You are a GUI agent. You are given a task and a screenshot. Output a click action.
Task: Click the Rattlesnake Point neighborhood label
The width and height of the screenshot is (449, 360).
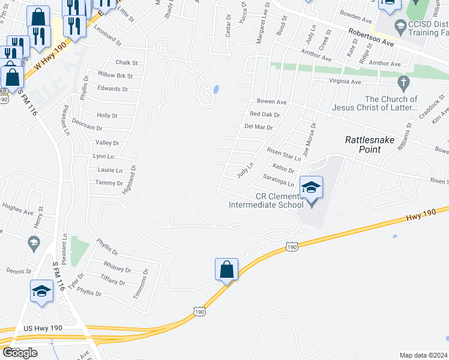[363, 144]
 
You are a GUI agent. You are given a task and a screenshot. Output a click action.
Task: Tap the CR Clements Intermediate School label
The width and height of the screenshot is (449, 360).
[266, 200]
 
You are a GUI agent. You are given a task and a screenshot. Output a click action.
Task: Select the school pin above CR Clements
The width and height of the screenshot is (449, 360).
[312, 188]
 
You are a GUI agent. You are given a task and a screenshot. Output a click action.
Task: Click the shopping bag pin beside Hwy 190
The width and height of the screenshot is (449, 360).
[227, 271]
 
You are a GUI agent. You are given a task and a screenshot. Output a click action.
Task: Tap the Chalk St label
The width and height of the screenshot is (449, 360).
[127, 62]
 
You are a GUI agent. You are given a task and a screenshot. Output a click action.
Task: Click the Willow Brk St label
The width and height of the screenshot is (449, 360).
[115, 76]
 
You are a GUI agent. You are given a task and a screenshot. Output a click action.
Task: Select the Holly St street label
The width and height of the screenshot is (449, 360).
[107, 115]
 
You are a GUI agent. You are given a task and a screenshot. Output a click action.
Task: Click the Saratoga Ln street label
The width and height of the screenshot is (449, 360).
[279, 180]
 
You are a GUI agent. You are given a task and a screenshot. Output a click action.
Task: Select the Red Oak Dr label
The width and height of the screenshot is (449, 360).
[265, 114]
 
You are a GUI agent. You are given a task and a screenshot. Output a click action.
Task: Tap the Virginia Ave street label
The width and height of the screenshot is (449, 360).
[345, 82]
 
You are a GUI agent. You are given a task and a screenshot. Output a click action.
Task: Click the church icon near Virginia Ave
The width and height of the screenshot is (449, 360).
[403, 81]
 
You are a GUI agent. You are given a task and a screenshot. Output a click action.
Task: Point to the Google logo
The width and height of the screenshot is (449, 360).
[20, 353]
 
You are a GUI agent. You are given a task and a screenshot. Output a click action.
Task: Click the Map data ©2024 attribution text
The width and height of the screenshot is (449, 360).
[423, 355]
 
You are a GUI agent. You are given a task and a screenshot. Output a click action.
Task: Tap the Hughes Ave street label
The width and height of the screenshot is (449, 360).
[18, 211]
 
